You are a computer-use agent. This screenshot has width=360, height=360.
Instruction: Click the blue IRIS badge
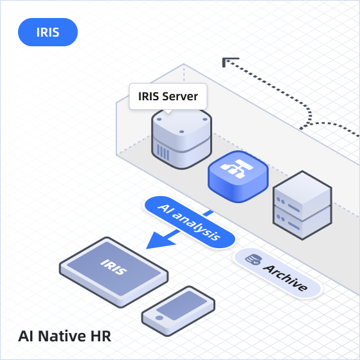click(48, 32)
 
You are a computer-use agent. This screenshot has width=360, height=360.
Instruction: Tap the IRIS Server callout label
click(168, 96)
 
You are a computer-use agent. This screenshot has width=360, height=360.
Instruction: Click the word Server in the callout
click(180, 96)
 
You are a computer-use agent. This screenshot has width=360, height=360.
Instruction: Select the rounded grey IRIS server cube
click(181, 139)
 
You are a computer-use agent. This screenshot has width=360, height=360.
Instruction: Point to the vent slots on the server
click(163, 153)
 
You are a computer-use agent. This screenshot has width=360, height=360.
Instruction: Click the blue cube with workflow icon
click(238, 177)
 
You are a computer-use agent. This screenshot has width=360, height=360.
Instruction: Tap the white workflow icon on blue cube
click(237, 168)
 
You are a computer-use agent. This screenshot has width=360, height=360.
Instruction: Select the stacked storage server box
click(302, 205)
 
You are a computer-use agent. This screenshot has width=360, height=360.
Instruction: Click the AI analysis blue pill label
click(190, 222)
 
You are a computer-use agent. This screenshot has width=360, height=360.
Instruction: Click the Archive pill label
click(277, 273)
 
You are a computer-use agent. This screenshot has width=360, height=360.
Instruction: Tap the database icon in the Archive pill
click(253, 260)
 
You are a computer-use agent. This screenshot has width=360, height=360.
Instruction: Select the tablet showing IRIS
click(114, 273)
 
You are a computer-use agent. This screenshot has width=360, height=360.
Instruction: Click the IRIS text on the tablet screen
click(113, 267)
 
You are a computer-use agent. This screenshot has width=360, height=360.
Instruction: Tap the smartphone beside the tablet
click(178, 311)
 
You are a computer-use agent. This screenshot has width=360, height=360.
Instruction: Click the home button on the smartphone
click(159, 318)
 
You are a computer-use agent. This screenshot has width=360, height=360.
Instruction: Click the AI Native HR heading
click(64, 336)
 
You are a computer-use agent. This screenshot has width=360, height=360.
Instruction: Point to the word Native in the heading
click(62, 336)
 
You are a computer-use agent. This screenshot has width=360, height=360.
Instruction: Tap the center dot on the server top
click(181, 132)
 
